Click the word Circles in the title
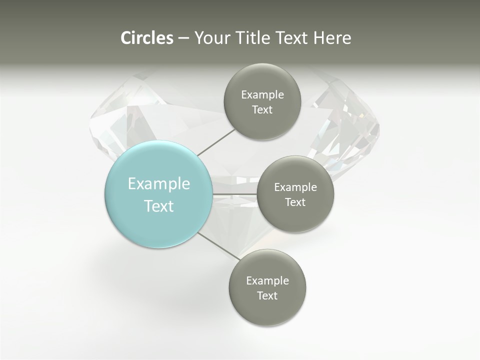[x=147, y=38]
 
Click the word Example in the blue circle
[x=159, y=184]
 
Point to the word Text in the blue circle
[x=159, y=206]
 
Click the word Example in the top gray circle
[x=262, y=95]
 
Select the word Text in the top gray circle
[x=262, y=110]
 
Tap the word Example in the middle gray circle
[x=295, y=187]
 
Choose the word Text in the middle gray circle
[x=295, y=202]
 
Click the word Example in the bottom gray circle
[x=267, y=281]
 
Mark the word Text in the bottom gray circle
[x=267, y=296]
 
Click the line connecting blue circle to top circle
[x=216, y=142]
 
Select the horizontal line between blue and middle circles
[x=235, y=194]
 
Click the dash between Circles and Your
[x=183, y=38]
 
